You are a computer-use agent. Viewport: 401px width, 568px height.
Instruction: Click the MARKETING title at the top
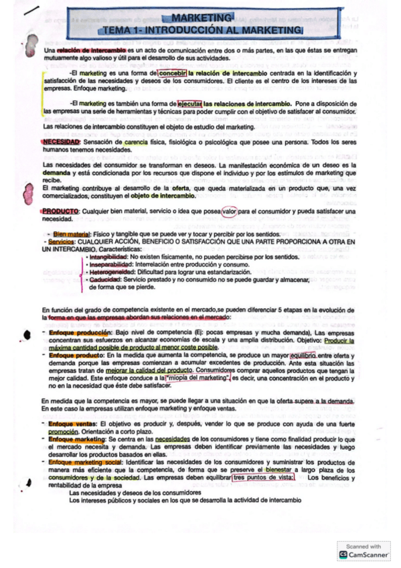[x=201, y=18]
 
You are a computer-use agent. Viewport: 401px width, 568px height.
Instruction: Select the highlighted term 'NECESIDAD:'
[x=61, y=142]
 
